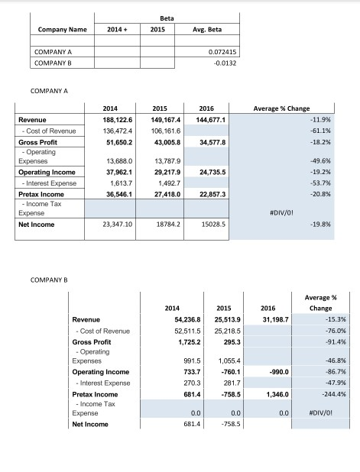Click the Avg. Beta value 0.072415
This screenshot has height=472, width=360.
click(220, 53)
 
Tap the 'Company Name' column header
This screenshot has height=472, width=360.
click(60, 29)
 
